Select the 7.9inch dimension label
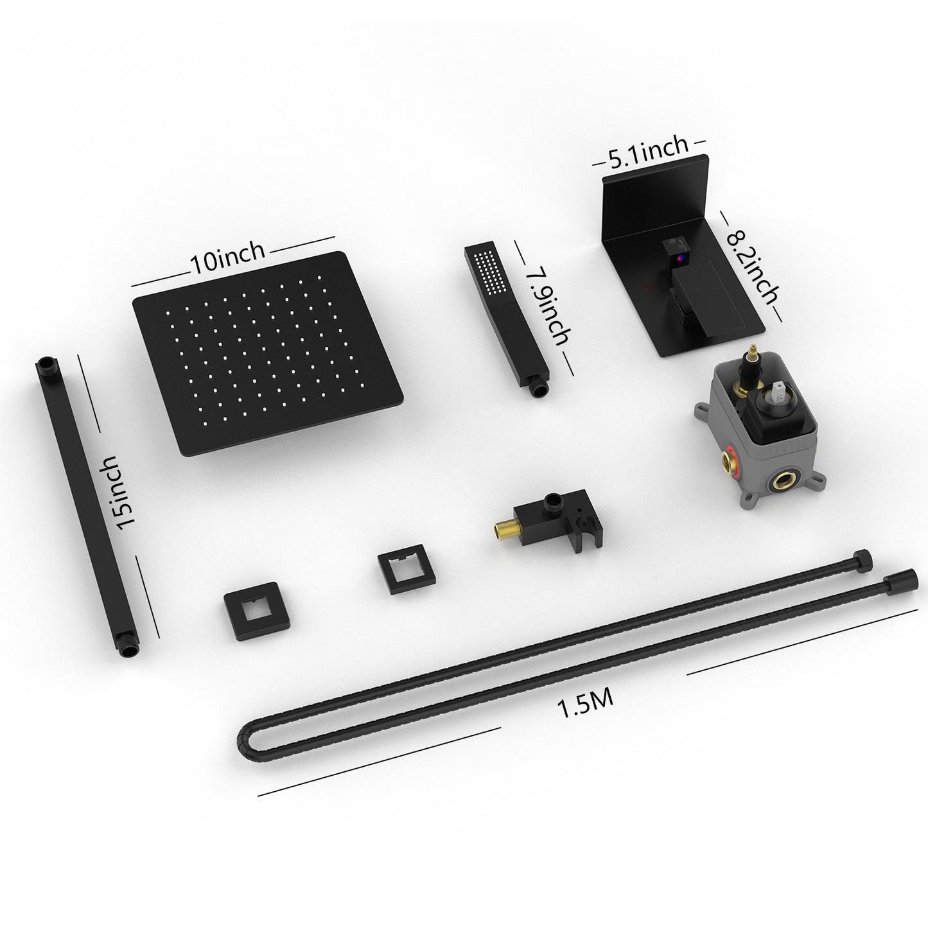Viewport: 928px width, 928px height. pyautogui.click(x=548, y=307)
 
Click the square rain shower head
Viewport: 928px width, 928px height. pyautogui.click(x=268, y=353)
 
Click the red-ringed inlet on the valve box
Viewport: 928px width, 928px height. pyautogui.click(x=724, y=460)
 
